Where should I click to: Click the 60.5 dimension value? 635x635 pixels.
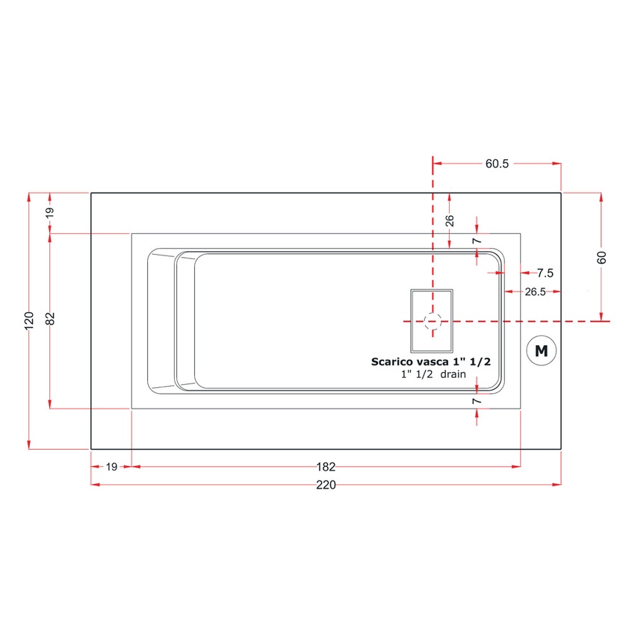(x=496, y=164)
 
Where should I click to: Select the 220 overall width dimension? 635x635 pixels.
(x=326, y=485)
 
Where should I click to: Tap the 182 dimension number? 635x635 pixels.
(x=326, y=467)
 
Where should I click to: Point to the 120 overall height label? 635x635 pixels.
(x=29, y=320)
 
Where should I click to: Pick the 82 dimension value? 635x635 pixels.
(x=50, y=319)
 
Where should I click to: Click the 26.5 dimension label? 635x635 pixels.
(x=535, y=292)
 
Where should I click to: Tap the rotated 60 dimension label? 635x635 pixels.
(x=602, y=258)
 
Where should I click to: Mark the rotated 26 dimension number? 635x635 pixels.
(x=449, y=221)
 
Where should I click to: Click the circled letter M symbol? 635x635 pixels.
(x=542, y=350)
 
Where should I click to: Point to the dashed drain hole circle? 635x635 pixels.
(x=432, y=320)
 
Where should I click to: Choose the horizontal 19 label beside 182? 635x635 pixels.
(x=111, y=467)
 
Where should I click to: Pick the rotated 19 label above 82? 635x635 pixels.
(x=50, y=212)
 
